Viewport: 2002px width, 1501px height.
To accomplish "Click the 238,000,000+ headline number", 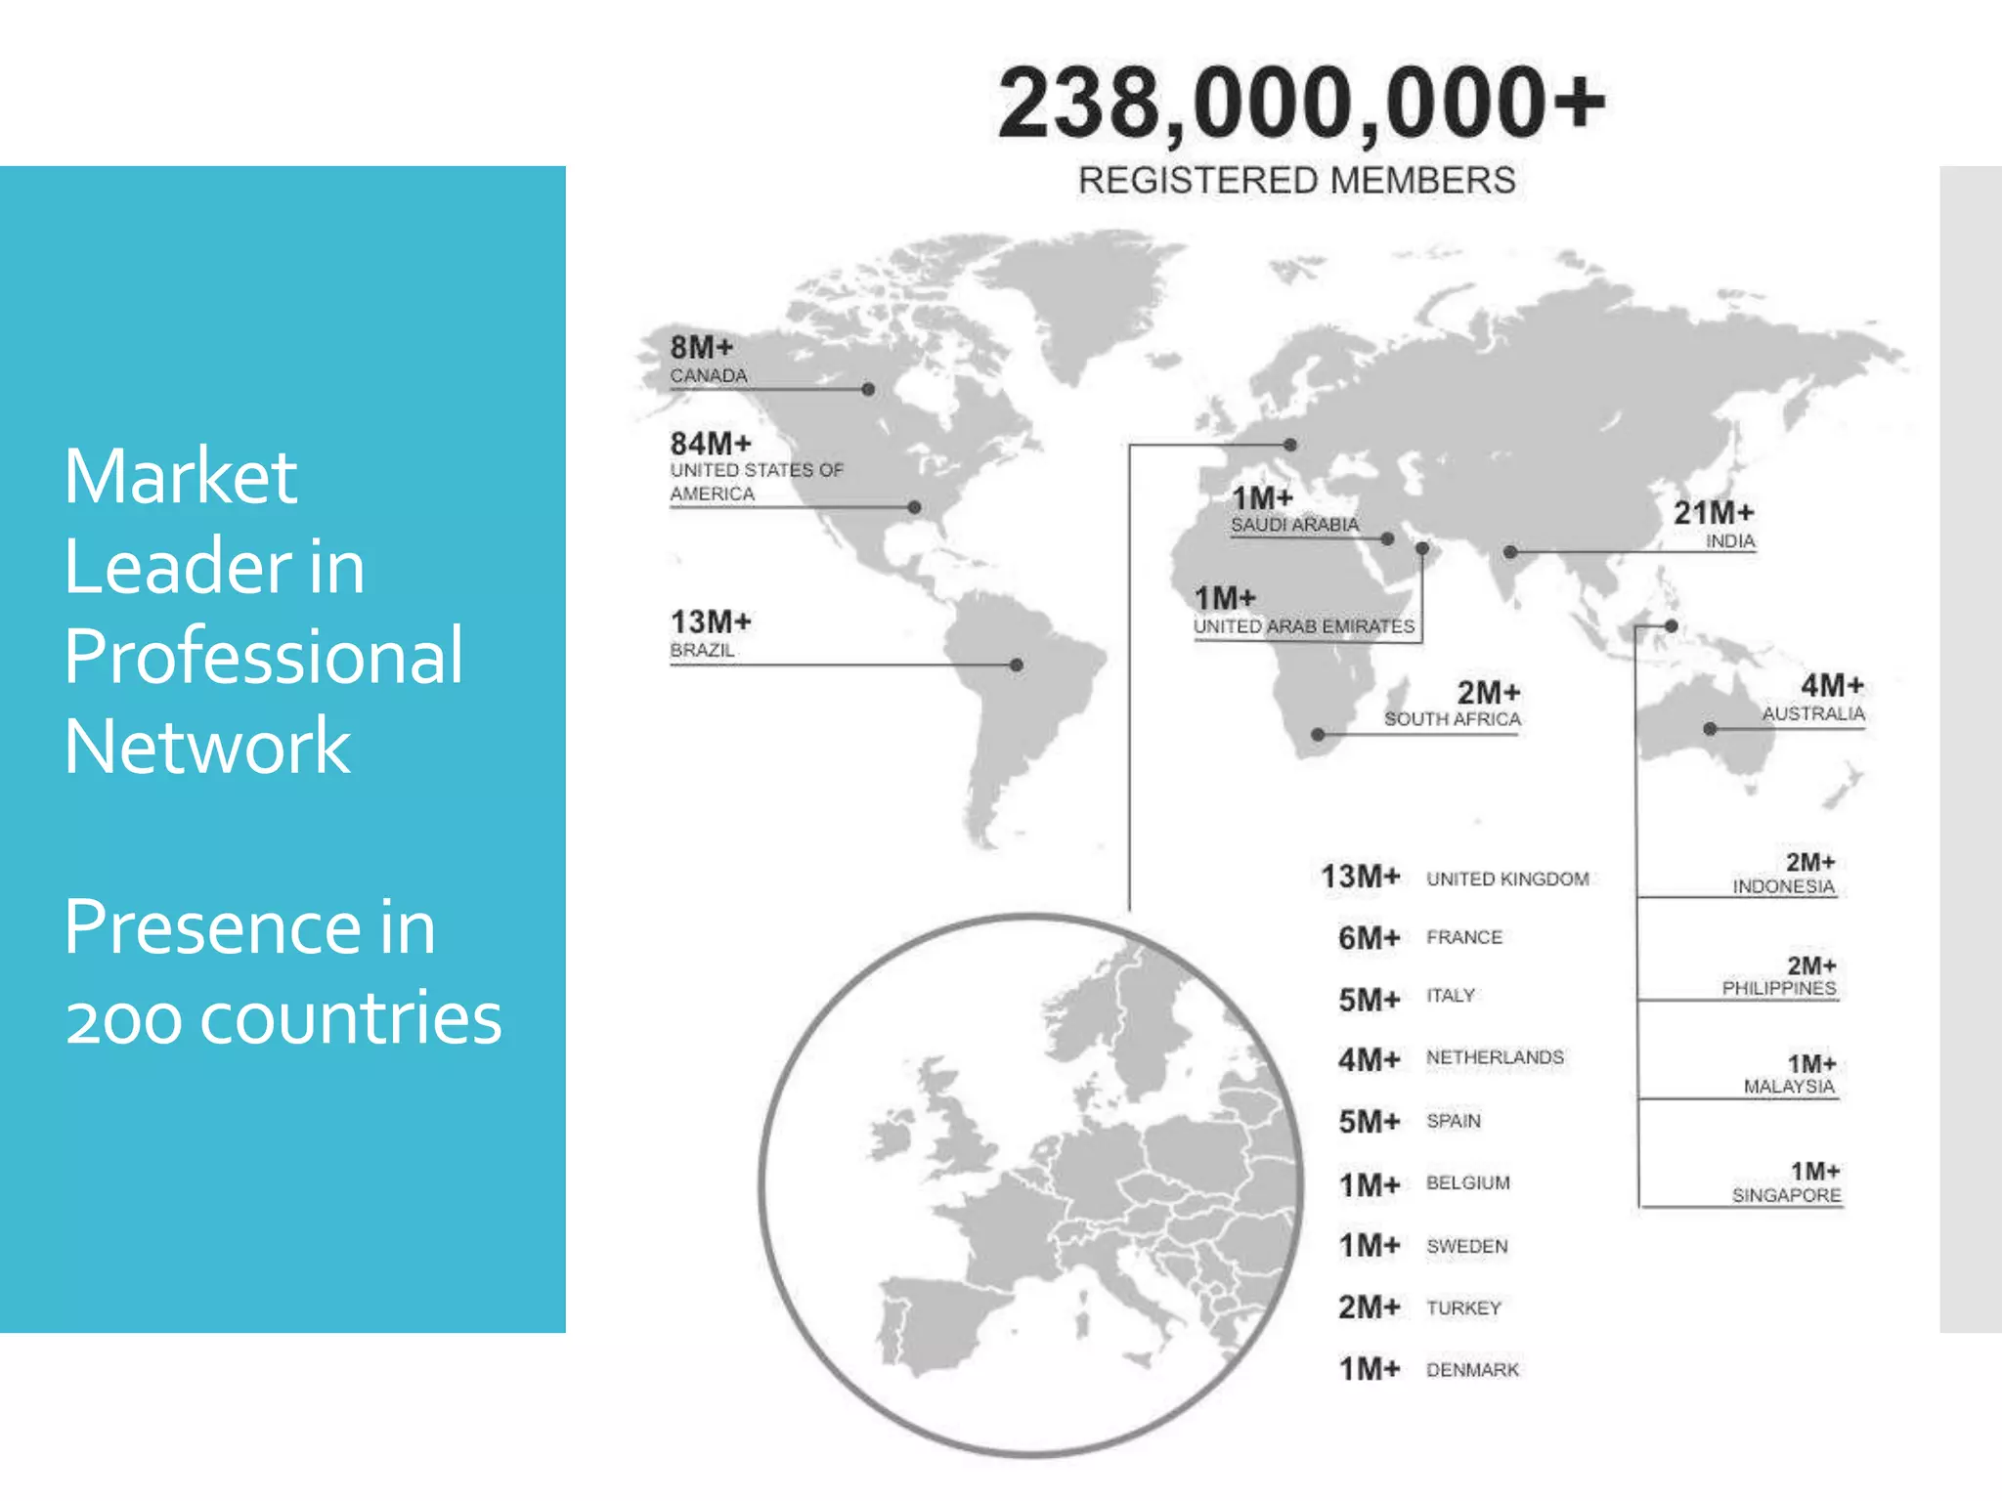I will coord(1300,105).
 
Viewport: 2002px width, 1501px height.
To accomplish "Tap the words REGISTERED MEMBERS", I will coord(1296,181).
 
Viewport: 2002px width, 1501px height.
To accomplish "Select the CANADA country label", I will coord(709,376).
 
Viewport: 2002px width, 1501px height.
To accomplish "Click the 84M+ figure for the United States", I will coord(711,444).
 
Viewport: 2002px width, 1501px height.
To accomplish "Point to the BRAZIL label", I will coord(702,650).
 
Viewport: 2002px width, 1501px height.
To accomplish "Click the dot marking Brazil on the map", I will coord(1017,665).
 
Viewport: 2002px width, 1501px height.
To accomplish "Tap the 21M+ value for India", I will coord(1714,513).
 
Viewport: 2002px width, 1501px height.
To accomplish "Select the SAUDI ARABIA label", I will coord(1294,525).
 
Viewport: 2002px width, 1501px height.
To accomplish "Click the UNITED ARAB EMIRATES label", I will coord(1303,626).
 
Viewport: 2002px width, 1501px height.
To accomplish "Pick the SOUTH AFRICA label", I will coord(1452,719).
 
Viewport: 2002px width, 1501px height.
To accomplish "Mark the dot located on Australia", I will coord(1710,729).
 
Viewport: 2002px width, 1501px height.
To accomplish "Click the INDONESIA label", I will coord(1783,886).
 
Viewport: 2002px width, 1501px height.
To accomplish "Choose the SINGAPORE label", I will coord(1786,1195).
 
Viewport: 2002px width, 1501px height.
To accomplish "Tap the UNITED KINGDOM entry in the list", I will coord(1507,879).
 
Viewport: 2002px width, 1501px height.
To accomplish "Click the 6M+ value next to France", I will coord(1369,938).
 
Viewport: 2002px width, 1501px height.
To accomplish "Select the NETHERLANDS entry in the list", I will coord(1495,1057).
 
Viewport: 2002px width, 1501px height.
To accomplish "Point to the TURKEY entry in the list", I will coord(1463,1308).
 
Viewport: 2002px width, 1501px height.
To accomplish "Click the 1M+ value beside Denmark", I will coord(1369,1369).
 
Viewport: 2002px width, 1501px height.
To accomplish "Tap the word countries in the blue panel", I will coord(351,1018).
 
